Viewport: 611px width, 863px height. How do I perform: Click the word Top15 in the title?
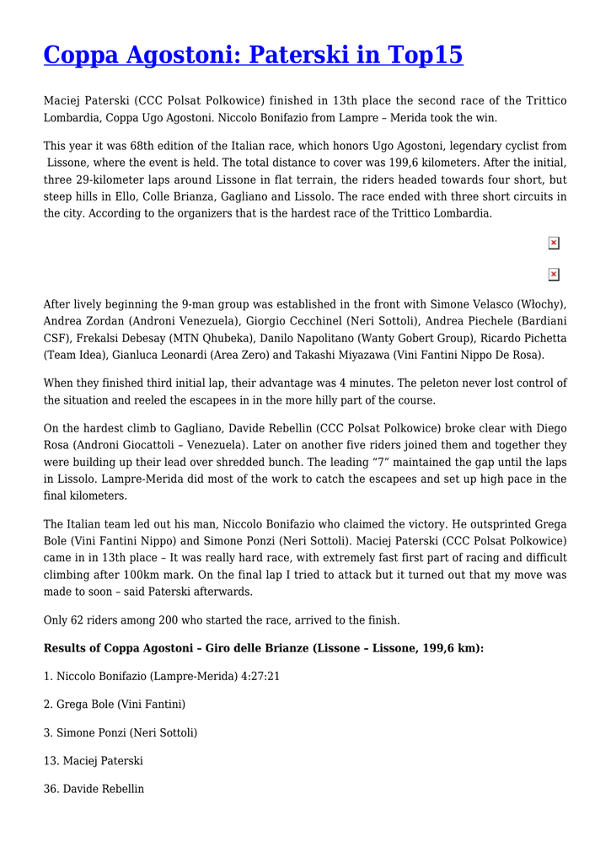[x=426, y=55]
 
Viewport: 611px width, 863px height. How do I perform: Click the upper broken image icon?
[x=554, y=244]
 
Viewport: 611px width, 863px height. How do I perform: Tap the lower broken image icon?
[x=554, y=275]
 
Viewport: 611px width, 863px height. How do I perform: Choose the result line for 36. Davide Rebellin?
[x=94, y=790]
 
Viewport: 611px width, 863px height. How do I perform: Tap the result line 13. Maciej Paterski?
[x=93, y=761]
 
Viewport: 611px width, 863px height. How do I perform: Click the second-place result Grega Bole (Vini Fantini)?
[x=115, y=704]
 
